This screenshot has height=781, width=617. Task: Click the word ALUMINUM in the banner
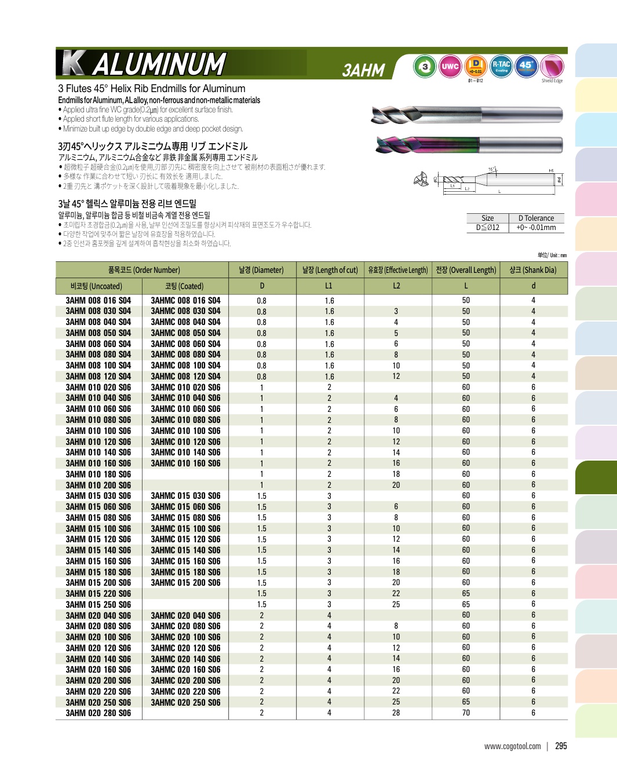tap(159, 64)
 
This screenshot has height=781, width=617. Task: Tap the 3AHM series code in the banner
tap(363, 70)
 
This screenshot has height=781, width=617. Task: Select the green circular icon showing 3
tap(425, 67)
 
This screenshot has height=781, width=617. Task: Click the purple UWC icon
tap(450, 67)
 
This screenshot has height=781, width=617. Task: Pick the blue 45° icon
tap(526, 66)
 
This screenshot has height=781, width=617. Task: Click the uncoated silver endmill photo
tap(466, 115)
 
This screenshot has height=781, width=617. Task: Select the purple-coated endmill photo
tap(469, 145)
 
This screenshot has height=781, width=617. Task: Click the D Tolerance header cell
tap(536, 218)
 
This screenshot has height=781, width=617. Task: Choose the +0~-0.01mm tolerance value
tap(536, 228)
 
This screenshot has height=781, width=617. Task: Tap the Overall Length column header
tap(466, 270)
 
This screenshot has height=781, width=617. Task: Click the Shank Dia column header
tap(533, 270)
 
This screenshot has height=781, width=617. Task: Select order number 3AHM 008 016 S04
tap(98, 301)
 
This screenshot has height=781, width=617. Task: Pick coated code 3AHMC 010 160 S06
tap(185, 464)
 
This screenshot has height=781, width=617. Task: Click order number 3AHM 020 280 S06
tap(98, 713)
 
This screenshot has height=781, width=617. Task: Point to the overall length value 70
tap(466, 713)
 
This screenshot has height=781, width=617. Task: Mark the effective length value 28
tap(396, 713)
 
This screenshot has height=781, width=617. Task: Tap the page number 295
tap(561, 746)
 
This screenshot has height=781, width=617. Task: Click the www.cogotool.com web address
tap(512, 746)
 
